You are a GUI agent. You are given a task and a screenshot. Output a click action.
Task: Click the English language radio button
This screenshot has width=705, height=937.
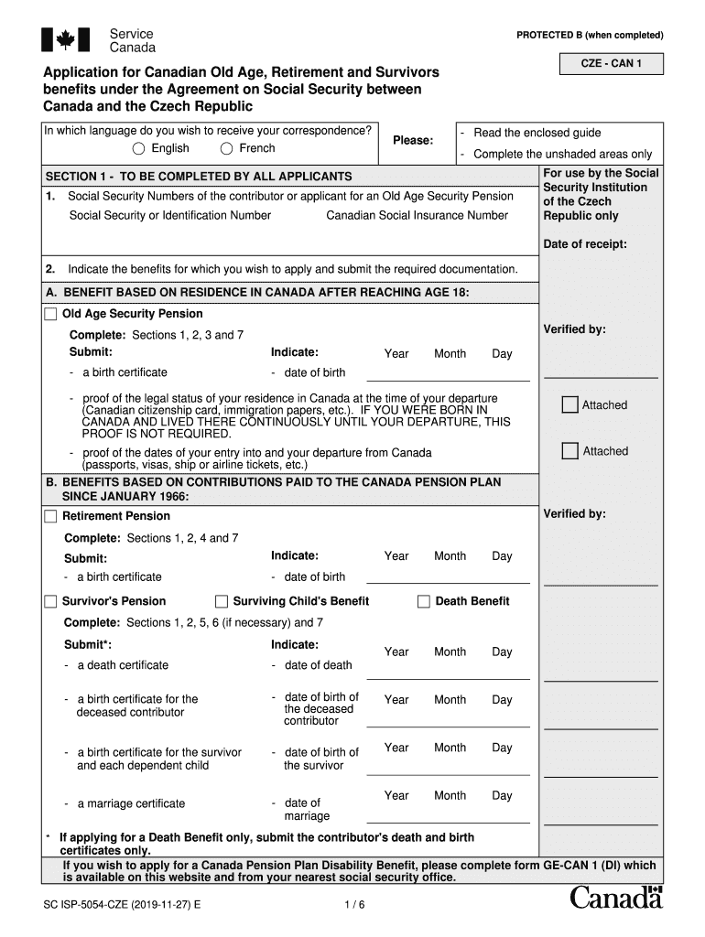pyautogui.click(x=138, y=149)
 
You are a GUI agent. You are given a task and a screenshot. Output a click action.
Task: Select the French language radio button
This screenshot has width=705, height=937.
pyautogui.click(x=226, y=149)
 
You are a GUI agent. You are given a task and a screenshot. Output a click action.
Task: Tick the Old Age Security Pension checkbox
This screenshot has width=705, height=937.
pyautogui.click(x=50, y=315)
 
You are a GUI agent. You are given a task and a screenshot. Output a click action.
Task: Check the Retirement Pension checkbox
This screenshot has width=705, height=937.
pyautogui.click(x=50, y=517)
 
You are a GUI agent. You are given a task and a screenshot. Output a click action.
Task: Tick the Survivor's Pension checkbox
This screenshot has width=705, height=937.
pyautogui.click(x=50, y=602)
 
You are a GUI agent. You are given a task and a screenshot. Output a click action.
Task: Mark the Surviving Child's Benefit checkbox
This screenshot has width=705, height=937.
pyautogui.click(x=222, y=602)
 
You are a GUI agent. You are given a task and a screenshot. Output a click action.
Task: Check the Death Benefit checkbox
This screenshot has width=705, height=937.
pyautogui.click(x=424, y=602)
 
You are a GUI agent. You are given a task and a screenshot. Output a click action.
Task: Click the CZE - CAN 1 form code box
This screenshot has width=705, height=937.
pyautogui.click(x=611, y=64)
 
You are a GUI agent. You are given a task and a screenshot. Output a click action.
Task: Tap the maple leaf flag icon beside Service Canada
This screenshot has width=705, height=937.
pyautogui.click(x=66, y=39)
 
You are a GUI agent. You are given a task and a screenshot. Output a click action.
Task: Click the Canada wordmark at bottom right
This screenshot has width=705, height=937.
pyautogui.click(x=615, y=899)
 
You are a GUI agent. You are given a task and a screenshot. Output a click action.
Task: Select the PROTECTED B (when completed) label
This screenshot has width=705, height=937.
pyautogui.click(x=590, y=36)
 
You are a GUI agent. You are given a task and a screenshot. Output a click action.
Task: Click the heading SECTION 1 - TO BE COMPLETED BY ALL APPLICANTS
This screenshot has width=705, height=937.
pyautogui.click(x=199, y=177)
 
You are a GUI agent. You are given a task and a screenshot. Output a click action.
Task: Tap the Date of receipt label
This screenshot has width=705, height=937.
pyautogui.click(x=585, y=244)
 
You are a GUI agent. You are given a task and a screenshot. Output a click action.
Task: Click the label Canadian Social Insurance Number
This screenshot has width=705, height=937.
pyautogui.click(x=417, y=216)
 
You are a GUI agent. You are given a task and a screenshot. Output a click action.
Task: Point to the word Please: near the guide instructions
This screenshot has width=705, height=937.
pyautogui.click(x=413, y=141)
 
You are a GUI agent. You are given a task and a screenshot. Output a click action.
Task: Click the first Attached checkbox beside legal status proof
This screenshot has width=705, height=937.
pyautogui.click(x=569, y=405)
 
